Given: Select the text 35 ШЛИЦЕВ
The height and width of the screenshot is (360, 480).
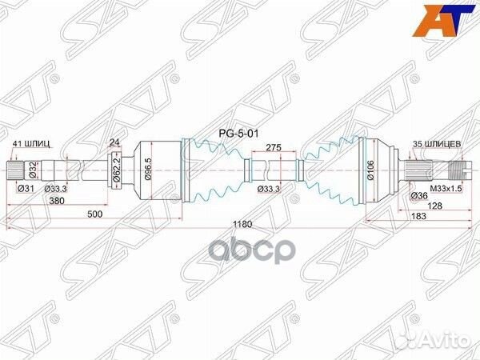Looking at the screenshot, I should pyautogui.click(x=435, y=144).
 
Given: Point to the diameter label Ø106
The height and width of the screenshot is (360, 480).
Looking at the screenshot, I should pyautogui.click(x=370, y=170).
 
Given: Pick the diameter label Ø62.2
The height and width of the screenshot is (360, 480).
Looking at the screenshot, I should pyautogui.click(x=117, y=170).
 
